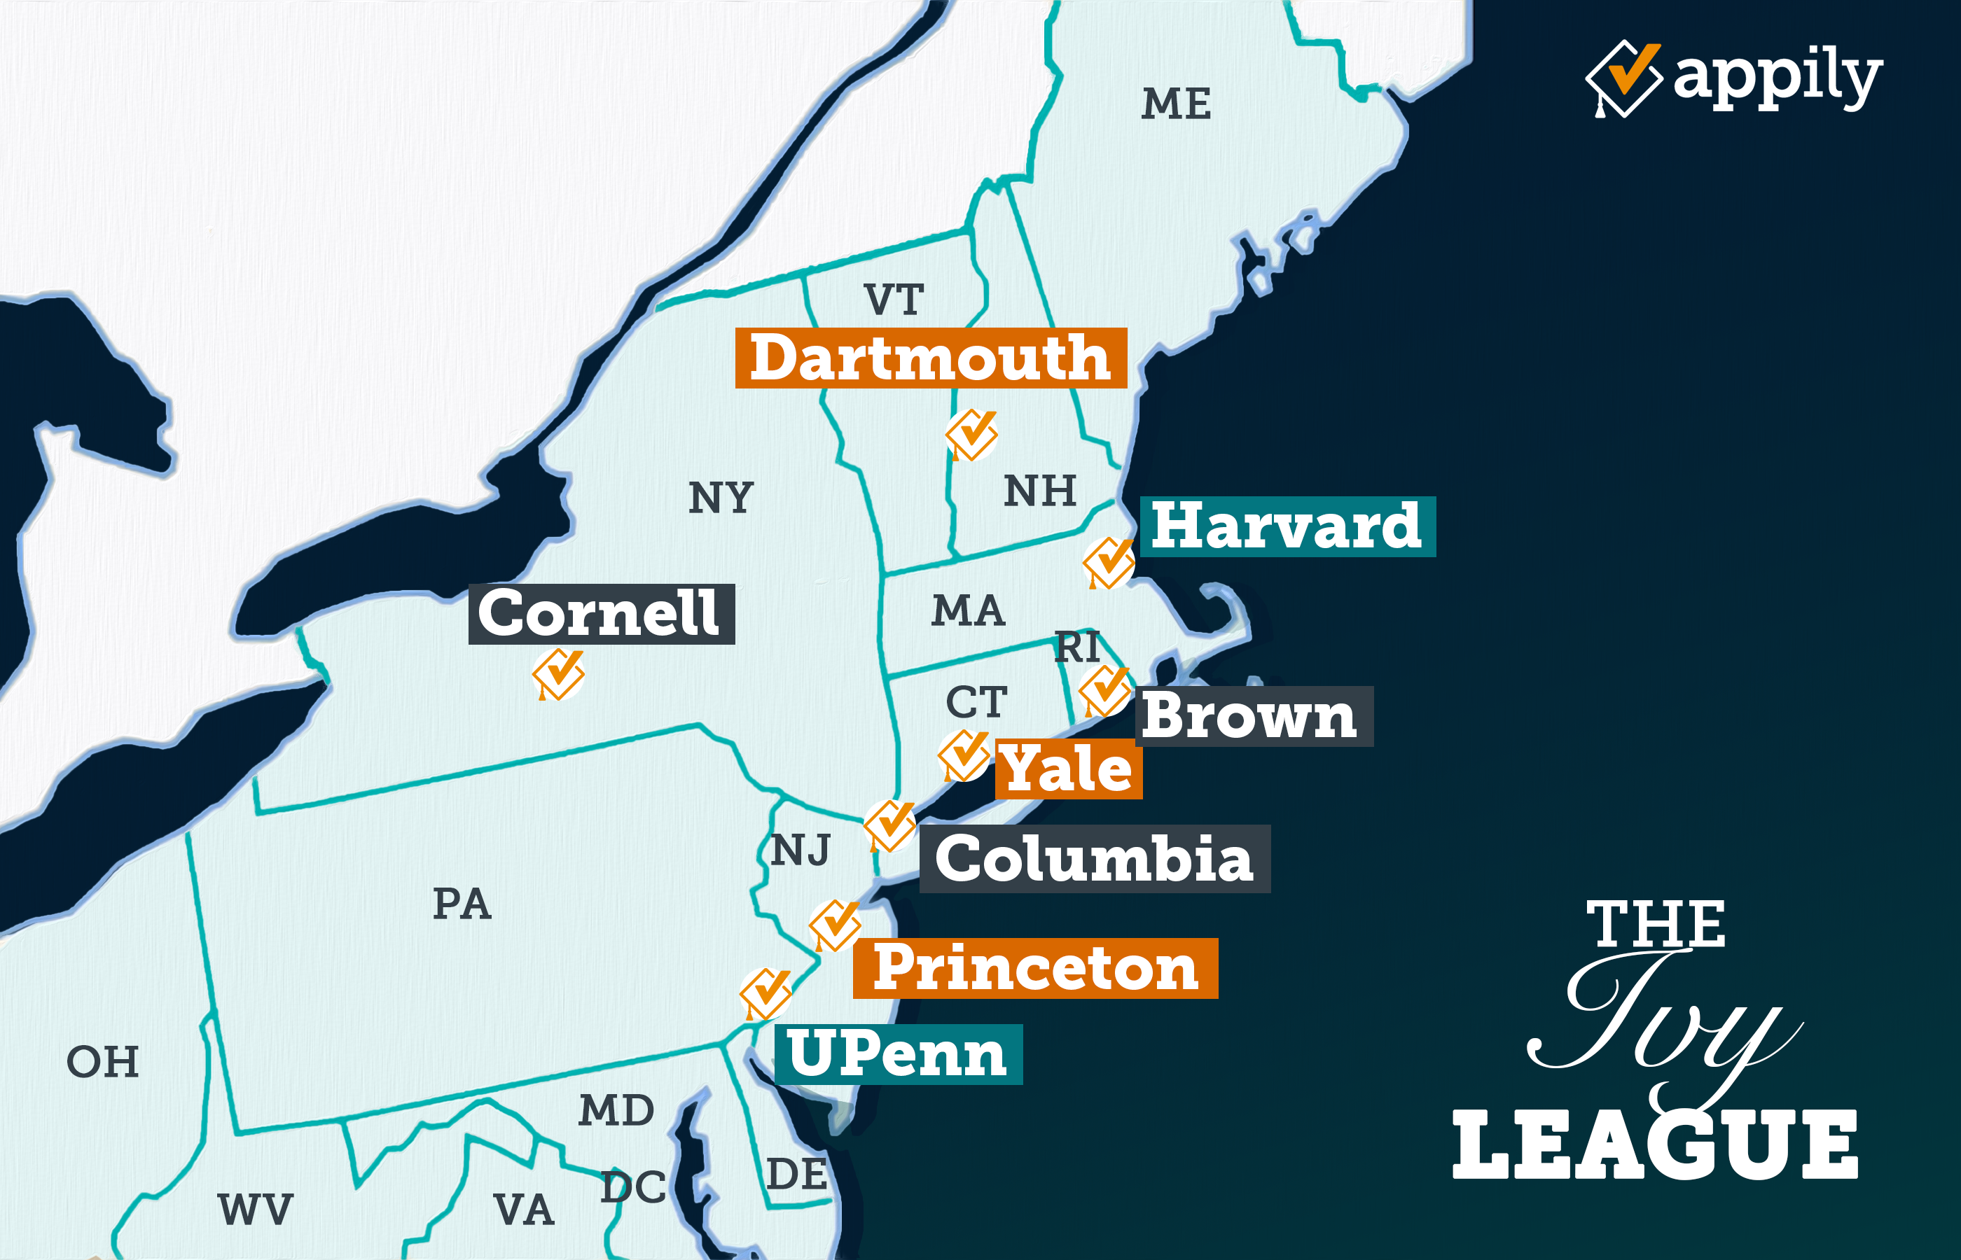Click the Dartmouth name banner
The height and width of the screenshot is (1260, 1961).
point(931,358)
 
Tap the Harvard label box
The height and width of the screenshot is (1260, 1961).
point(1287,527)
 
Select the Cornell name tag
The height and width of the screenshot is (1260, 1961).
point(601,614)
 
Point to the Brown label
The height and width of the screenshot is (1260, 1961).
point(1252,716)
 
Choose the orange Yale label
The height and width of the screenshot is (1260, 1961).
point(1068,769)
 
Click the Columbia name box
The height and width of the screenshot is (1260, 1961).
point(1094,859)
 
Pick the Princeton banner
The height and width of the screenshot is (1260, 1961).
point(1035,968)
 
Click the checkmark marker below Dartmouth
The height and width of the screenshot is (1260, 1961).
point(971,435)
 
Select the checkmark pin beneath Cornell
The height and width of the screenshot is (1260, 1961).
point(558,674)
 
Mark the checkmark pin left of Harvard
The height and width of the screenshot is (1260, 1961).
point(1108,562)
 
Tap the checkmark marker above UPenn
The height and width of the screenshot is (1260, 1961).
point(765,993)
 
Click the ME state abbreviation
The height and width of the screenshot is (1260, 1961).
point(1176,104)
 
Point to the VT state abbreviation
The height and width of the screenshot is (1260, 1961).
point(894,300)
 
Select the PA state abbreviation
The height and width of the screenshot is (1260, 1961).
point(462,904)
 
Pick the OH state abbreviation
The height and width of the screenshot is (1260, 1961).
point(102,1062)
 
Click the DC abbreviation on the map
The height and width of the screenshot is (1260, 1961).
point(632,1187)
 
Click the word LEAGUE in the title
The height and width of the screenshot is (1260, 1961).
point(1655,1145)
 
